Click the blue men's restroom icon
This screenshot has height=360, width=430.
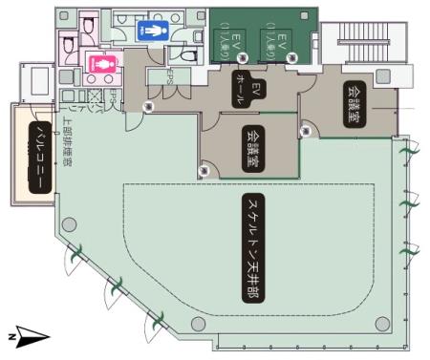coord(153,30)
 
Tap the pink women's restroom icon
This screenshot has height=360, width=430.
coord(98,64)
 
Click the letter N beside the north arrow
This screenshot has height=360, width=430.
coord(11,337)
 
